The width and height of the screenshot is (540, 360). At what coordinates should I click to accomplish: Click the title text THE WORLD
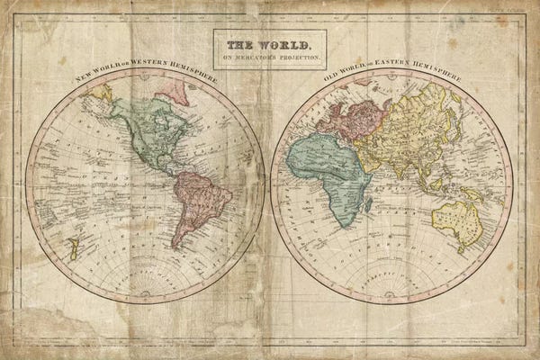pos(269,44)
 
